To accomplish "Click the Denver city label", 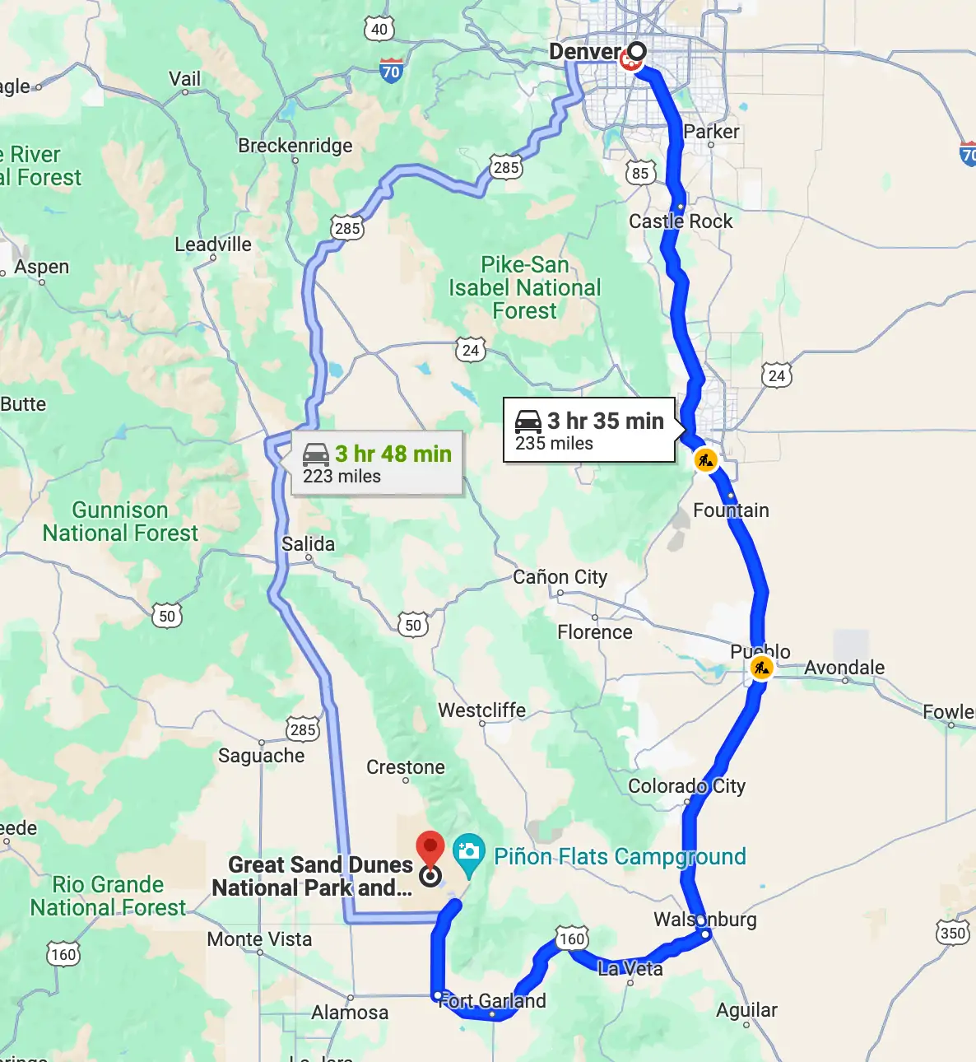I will click(x=584, y=51).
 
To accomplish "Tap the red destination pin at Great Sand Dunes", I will click(x=430, y=850).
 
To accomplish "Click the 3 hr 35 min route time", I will click(x=605, y=421).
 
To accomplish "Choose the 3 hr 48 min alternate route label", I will click(x=393, y=454).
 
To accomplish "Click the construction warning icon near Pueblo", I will click(x=761, y=668).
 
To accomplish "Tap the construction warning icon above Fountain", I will click(x=705, y=460).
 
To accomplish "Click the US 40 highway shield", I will click(x=379, y=30).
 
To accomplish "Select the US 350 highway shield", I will click(x=952, y=932).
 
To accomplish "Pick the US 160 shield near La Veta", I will click(x=571, y=939).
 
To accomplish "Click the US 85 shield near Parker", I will click(x=640, y=173).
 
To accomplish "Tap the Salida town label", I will click(x=308, y=543).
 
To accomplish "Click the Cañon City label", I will click(x=560, y=576).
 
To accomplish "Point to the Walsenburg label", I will click(x=704, y=919).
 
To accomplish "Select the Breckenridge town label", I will click(x=295, y=146).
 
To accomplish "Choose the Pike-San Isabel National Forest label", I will click(x=524, y=287).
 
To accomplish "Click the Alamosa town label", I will click(x=349, y=1012).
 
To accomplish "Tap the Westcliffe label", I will click(x=481, y=710).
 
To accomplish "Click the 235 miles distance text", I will click(x=554, y=444).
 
